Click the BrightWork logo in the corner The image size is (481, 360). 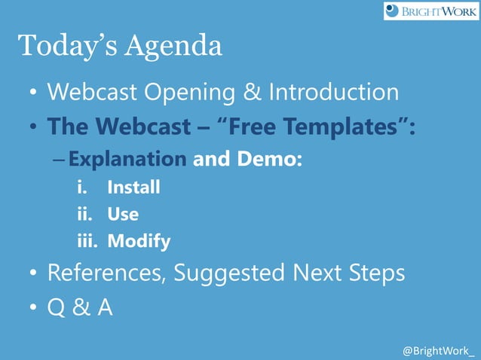(x=430, y=11)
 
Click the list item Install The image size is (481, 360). (x=133, y=187)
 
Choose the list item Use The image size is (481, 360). (x=122, y=214)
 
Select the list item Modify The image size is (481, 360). (x=138, y=242)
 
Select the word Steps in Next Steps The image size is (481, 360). (x=375, y=273)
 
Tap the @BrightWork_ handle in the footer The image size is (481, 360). (x=439, y=351)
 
